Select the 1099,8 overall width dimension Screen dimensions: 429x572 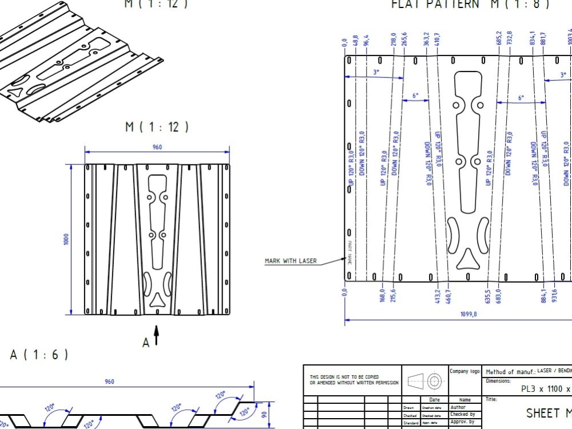click(469, 314)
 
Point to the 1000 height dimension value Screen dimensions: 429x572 click(66, 239)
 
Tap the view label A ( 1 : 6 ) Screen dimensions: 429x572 click(39, 355)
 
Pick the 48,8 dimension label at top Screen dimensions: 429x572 click(356, 42)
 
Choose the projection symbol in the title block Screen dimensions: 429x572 click(426, 380)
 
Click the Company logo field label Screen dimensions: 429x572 click(464, 371)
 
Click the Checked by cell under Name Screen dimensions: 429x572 click(463, 414)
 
